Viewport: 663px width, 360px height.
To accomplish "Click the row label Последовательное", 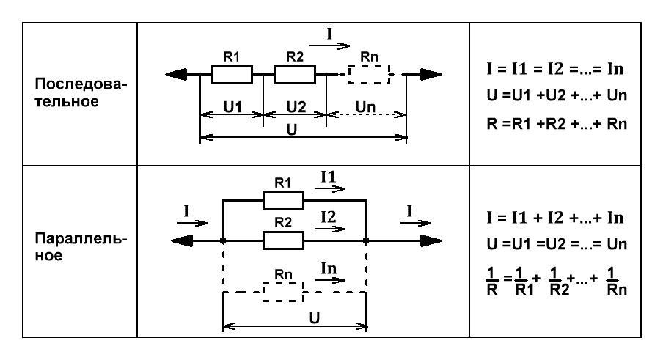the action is click(81, 92).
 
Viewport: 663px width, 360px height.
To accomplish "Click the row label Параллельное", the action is click(81, 247).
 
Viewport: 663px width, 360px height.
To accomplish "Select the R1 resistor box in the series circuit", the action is click(232, 75).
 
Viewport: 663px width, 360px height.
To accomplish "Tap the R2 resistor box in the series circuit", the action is click(295, 75).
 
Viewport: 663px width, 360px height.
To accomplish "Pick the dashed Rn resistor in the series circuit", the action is click(369, 75).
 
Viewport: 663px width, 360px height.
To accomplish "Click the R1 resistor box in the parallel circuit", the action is click(283, 200).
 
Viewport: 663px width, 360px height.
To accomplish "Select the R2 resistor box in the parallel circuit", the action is click(283, 240).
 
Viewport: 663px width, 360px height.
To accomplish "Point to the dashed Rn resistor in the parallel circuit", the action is click(283, 292).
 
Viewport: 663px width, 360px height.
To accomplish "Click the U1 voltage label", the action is click(232, 107).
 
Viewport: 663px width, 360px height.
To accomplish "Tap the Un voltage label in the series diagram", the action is click(365, 107).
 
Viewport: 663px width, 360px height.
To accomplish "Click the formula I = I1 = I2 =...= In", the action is click(554, 68).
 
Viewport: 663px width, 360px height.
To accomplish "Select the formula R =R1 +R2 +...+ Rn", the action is click(557, 124).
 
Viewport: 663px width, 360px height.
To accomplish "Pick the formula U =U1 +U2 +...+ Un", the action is click(557, 95).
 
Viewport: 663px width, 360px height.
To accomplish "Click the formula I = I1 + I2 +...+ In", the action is click(554, 218).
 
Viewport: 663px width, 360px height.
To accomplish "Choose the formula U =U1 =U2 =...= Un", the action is click(557, 244).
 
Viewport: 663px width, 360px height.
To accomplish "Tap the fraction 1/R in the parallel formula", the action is click(492, 281).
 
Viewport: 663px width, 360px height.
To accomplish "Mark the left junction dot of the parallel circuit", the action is click(223, 240).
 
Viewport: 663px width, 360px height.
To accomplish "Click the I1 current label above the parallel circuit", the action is click(328, 177).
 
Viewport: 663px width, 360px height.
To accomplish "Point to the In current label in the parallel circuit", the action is click(329, 268).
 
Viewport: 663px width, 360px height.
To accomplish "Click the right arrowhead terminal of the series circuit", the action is click(431, 75).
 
